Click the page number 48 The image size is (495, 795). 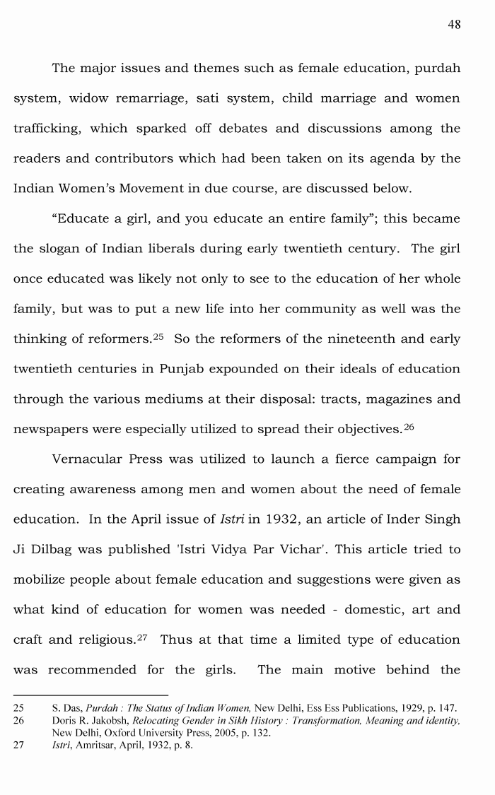coord(454,25)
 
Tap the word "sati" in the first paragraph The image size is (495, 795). coord(209,98)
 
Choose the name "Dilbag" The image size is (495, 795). coord(58,549)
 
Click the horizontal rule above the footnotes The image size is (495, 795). coord(91,695)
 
